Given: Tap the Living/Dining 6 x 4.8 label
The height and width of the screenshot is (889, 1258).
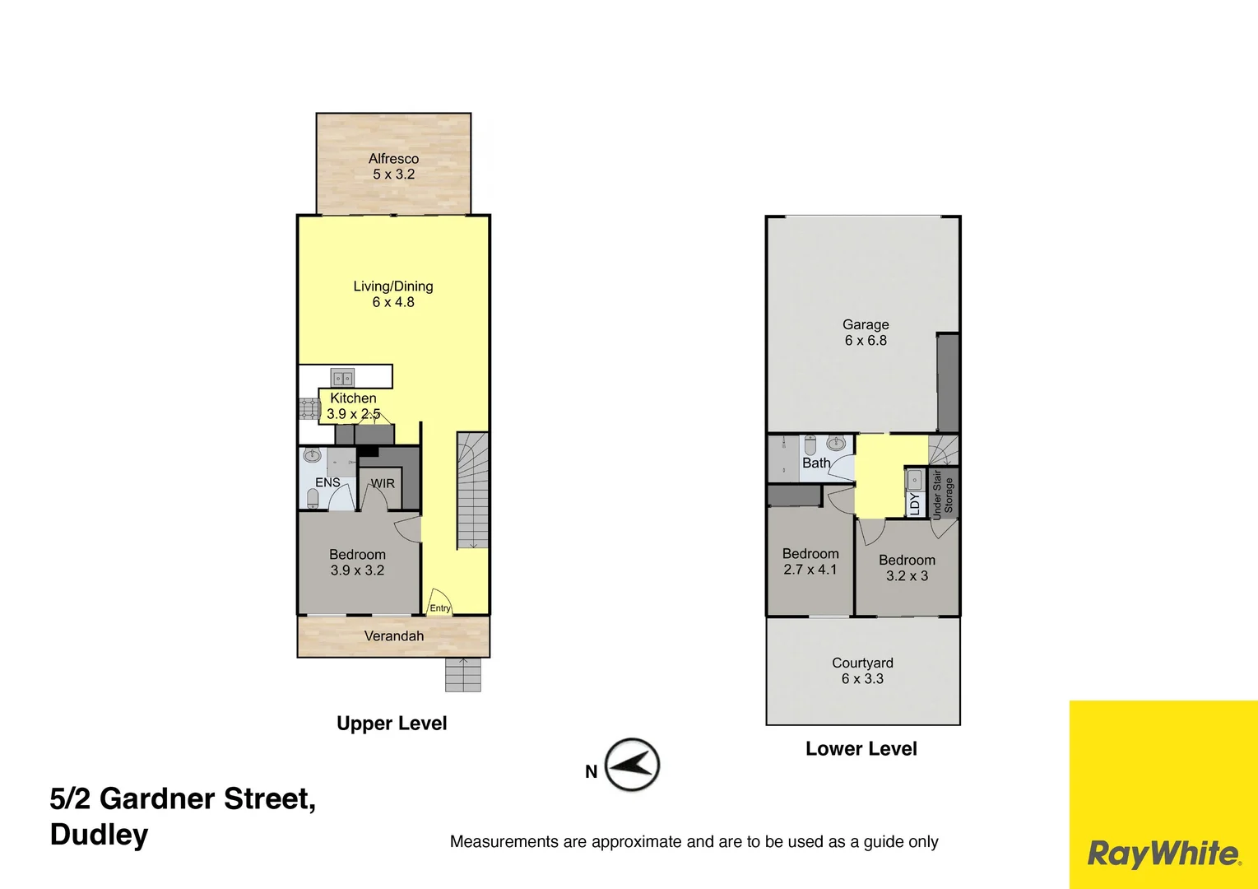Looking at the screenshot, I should tap(393, 294).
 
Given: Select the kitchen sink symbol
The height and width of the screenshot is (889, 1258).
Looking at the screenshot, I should tap(342, 378).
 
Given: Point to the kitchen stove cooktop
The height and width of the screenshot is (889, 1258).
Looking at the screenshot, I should tap(309, 409).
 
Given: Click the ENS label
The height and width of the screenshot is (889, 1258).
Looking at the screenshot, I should tap(327, 482).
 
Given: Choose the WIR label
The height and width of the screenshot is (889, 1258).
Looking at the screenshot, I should tap(383, 483).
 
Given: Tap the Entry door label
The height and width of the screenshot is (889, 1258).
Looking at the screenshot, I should tap(440, 608).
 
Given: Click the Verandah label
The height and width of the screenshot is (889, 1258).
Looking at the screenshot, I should tap(394, 636).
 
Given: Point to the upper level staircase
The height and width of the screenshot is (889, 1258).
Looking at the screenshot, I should tap(472, 491).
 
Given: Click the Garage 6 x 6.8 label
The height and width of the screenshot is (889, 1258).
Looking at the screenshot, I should tap(866, 333).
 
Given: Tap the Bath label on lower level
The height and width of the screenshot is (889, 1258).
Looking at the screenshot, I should tap(816, 463).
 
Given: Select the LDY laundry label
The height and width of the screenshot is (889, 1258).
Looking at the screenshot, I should tap(914, 503).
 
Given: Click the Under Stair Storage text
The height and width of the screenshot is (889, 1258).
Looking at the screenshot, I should tap(943, 495).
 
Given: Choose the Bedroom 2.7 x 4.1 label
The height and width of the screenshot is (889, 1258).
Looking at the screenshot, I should tap(810, 561).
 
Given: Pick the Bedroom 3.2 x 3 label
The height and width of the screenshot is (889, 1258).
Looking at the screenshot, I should tap(907, 568).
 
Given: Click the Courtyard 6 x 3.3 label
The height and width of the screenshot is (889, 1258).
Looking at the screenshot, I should tap(862, 671).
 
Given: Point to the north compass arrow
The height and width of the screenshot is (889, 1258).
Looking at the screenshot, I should tap(632, 765).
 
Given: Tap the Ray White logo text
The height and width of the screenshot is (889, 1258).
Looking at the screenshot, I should tap(1163, 854).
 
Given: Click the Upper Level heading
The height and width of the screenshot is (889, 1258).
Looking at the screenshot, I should tap(392, 724).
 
